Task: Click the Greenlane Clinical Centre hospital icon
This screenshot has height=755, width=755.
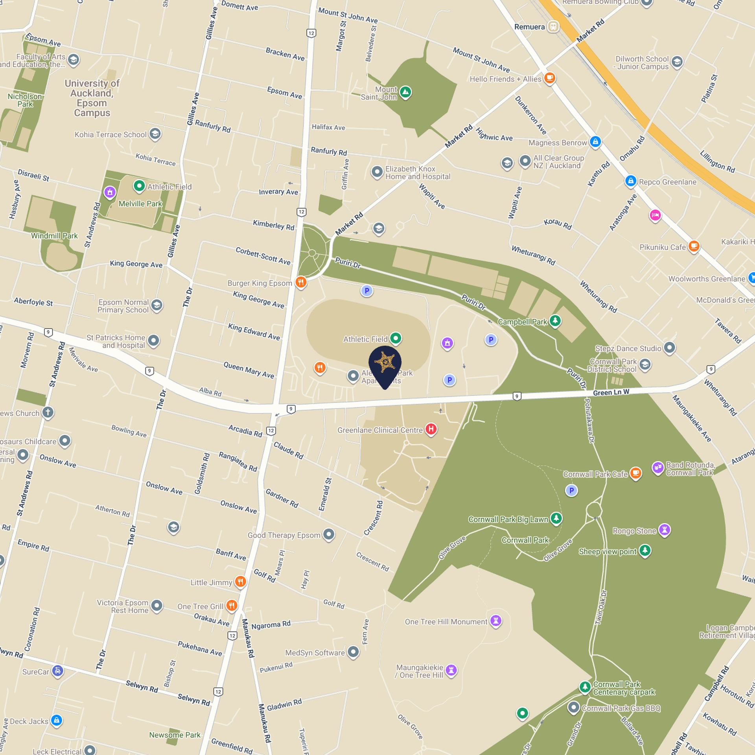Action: pyautogui.click(x=431, y=429)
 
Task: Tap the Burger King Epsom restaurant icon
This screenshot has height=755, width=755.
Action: pyautogui.click(x=301, y=282)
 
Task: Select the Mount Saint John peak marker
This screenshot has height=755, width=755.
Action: pyautogui.click(x=405, y=92)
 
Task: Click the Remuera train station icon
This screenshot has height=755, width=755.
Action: pyautogui.click(x=553, y=27)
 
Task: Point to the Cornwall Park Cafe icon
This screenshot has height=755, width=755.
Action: pyautogui.click(x=635, y=473)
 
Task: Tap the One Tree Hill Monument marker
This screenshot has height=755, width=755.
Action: pyautogui.click(x=496, y=621)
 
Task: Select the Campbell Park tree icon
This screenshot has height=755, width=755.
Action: pyautogui.click(x=555, y=321)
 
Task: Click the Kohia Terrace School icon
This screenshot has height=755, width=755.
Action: pyautogui.click(x=155, y=134)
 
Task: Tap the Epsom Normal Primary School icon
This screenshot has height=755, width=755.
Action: pyautogui.click(x=157, y=305)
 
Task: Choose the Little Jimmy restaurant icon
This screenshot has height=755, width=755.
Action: pyautogui.click(x=240, y=582)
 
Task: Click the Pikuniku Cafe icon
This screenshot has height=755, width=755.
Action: pyautogui.click(x=694, y=247)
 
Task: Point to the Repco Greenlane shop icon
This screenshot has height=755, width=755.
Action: pyautogui.click(x=631, y=181)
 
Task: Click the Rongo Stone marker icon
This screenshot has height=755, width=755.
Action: pyautogui.click(x=665, y=530)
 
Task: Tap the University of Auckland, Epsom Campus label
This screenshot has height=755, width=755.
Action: pyautogui.click(x=92, y=98)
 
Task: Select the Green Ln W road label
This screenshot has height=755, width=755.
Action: pyautogui.click(x=611, y=392)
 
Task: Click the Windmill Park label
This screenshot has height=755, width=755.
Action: pyautogui.click(x=54, y=236)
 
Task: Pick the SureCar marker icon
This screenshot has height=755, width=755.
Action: pyautogui.click(x=57, y=671)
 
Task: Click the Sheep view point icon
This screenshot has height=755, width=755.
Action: pyautogui.click(x=645, y=550)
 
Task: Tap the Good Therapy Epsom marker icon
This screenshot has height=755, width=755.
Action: pyautogui.click(x=329, y=534)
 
